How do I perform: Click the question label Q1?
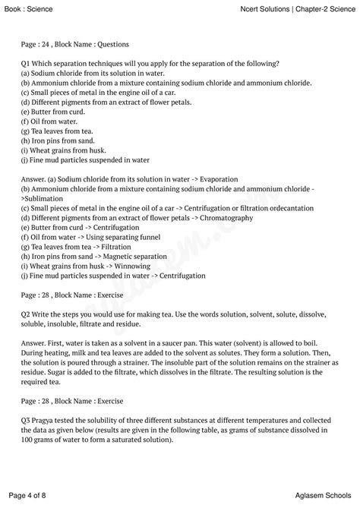coord(27,63)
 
